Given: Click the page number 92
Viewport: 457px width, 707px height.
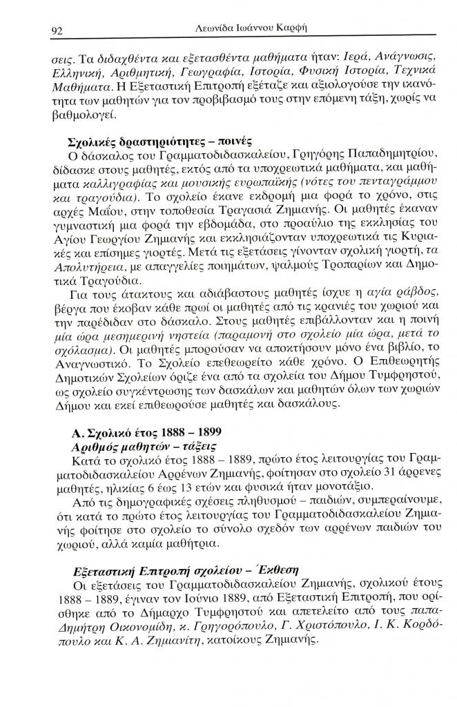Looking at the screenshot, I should pos(57,30).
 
